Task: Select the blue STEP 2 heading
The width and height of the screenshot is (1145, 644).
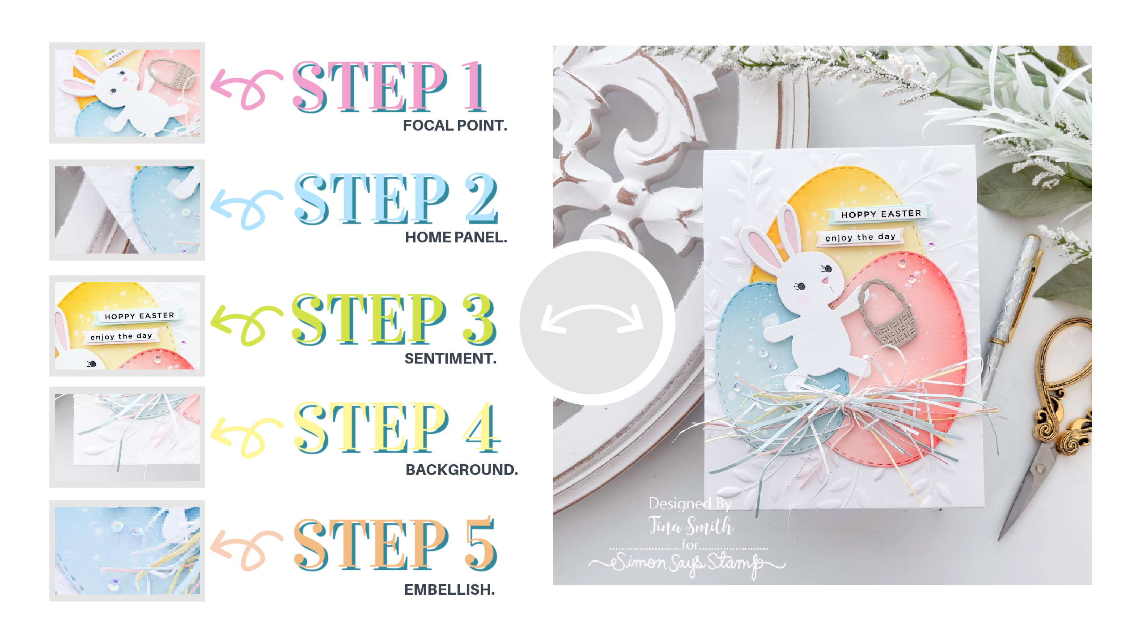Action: pyautogui.click(x=395, y=199)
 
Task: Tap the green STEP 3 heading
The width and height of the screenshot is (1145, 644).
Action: pyautogui.click(x=394, y=319)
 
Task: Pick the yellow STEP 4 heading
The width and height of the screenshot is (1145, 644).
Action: pyautogui.click(x=396, y=427)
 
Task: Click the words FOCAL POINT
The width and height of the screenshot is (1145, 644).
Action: pyautogui.click(x=455, y=126)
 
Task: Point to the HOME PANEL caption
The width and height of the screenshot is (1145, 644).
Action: pyautogui.click(x=456, y=237)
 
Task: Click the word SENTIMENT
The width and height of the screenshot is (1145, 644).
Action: pyautogui.click(x=450, y=359)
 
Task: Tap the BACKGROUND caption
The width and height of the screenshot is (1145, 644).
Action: pyautogui.click(x=462, y=470)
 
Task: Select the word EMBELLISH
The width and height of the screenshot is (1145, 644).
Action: pyautogui.click(x=450, y=590)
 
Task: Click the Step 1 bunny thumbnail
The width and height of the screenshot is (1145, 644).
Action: pyautogui.click(x=127, y=93)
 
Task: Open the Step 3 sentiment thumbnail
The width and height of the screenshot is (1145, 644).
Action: pyautogui.click(x=127, y=326)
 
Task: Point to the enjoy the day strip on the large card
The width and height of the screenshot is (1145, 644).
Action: pyautogui.click(x=860, y=237)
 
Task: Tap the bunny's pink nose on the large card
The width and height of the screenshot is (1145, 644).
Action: pyautogui.click(x=825, y=281)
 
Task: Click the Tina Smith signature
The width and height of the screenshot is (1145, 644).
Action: pyautogui.click(x=691, y=525)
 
